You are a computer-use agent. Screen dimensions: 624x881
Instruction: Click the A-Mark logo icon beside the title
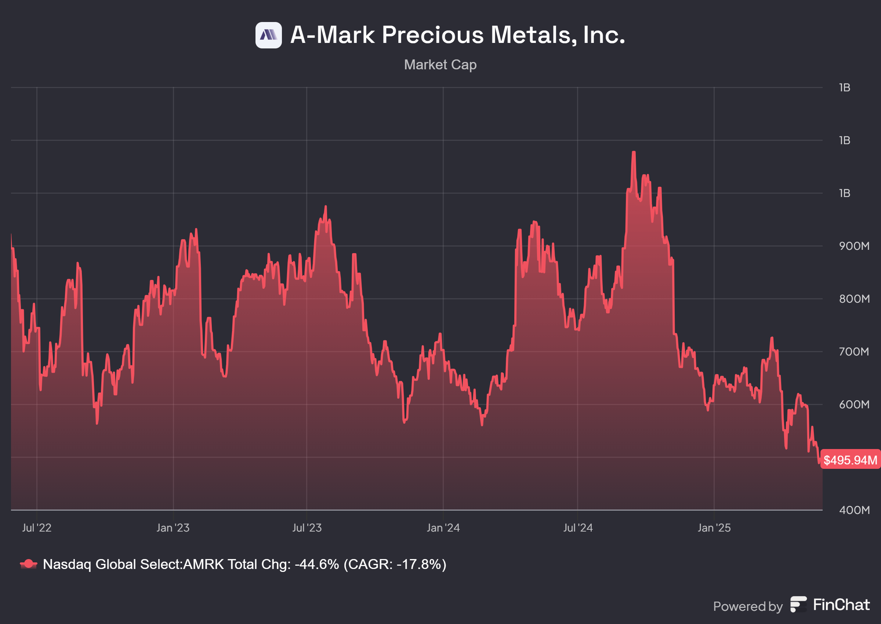268,35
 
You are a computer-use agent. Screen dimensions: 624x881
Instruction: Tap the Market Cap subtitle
440,65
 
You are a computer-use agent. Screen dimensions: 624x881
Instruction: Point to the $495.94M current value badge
850,460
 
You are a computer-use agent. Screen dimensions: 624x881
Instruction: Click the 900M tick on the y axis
854,246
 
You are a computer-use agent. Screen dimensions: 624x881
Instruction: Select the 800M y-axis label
854,299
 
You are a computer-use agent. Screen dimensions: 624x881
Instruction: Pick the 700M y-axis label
854,351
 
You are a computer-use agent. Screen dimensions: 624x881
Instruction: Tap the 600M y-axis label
854,404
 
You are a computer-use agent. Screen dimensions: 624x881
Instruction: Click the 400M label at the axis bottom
854,510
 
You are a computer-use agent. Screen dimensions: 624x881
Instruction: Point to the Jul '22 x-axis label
37,528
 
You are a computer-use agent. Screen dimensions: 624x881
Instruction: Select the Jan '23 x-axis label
173,528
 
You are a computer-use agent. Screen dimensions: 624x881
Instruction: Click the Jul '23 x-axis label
307,528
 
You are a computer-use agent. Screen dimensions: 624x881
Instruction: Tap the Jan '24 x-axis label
443,528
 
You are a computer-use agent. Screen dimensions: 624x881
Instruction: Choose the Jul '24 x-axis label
578,528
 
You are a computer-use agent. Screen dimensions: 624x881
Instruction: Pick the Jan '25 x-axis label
714,528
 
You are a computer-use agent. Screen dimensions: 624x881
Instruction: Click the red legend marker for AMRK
28,564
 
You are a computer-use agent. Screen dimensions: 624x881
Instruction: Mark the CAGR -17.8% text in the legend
395,564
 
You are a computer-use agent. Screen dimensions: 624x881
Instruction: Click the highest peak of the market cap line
634,153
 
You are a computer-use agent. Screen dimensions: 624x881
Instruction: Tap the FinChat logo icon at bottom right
798,605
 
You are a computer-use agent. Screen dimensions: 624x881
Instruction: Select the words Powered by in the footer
748,606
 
